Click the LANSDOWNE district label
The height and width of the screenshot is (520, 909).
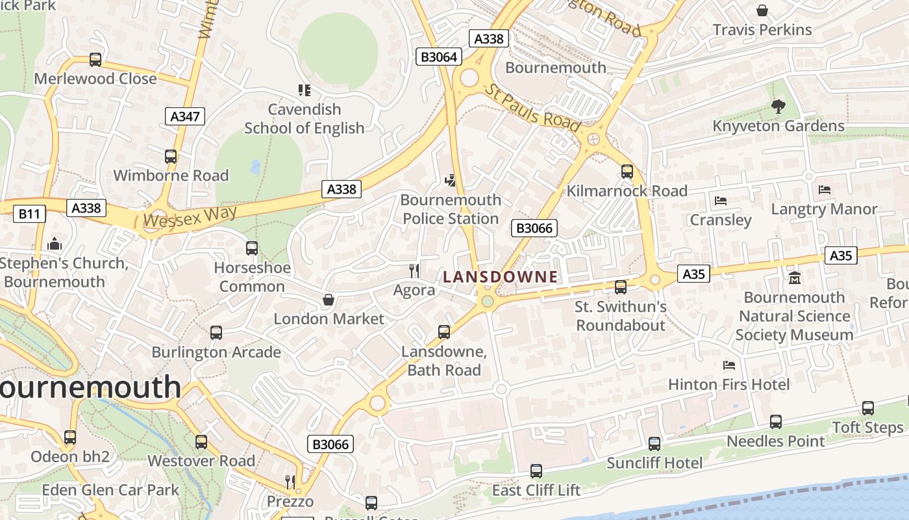500,277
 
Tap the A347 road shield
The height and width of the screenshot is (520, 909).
185,116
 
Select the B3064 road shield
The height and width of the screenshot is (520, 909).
439,57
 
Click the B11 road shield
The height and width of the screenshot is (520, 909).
29,213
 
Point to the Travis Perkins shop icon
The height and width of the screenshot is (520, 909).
762,10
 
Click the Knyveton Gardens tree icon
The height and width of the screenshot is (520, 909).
778,107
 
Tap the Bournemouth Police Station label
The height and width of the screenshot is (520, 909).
451,209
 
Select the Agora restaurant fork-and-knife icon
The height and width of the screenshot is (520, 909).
414,270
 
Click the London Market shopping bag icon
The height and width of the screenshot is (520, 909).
329,300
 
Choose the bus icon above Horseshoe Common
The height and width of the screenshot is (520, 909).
252,248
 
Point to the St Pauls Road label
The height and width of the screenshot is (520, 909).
532,107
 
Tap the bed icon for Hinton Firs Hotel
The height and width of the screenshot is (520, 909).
729,365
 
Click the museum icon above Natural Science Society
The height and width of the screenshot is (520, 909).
794,278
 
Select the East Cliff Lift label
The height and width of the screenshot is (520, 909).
536,490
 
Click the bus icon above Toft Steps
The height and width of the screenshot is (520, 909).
868,408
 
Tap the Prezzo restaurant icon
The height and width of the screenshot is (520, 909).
290,482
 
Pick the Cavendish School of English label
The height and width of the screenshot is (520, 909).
304,118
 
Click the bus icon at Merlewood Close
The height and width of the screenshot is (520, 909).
95,60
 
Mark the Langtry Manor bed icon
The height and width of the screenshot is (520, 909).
825,190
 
